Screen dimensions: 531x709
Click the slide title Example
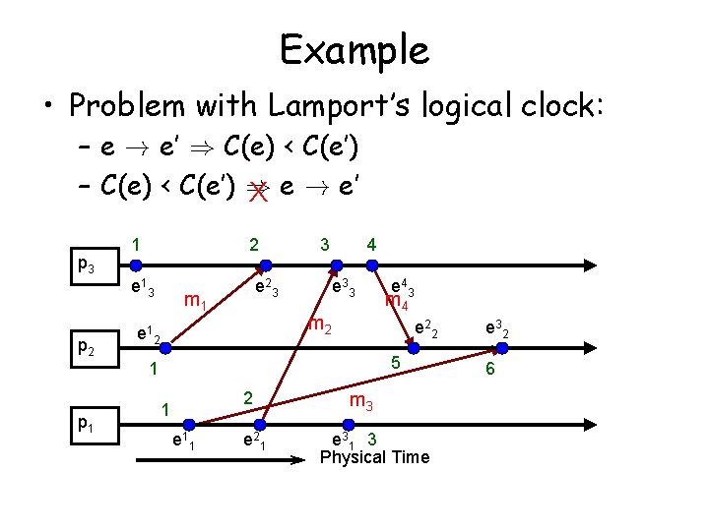point(354,49)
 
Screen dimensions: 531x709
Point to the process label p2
point(88,347)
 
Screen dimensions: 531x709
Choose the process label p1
point(88,424)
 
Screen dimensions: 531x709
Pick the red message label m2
point(320,325)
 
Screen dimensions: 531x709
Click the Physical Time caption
point(375,457)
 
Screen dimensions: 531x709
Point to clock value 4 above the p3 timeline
point(370,242)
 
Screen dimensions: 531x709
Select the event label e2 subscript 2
point(426,328)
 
